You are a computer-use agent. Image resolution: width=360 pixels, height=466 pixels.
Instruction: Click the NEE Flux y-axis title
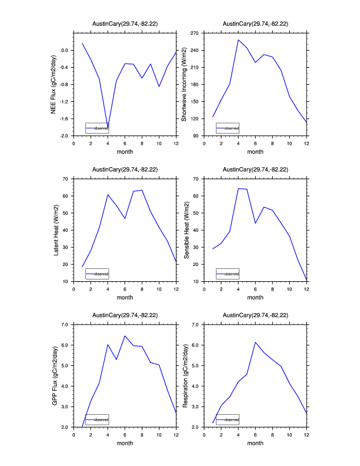pos(54,84)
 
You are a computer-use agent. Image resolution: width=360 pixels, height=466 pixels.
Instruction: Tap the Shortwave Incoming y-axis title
pos(184,84)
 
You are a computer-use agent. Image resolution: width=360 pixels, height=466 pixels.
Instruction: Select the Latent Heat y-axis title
pos(56,230)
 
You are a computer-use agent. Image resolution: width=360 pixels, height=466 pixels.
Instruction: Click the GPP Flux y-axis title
pos(54,375)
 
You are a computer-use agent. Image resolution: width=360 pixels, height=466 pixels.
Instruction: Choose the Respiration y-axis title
pos(184,375)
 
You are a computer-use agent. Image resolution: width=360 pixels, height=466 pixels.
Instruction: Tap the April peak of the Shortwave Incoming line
pos(238,40)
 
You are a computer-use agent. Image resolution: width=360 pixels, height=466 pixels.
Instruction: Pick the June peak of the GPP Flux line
pos(125,335)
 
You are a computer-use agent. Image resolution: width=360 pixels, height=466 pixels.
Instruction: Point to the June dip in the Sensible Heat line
pos(255,223)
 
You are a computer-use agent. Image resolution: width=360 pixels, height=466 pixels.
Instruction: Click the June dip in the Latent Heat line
pos(125,218)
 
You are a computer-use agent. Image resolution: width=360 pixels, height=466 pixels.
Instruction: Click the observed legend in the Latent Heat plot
pos(97,274)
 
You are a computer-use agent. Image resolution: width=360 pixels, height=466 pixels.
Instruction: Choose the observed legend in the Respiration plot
pos(228,420)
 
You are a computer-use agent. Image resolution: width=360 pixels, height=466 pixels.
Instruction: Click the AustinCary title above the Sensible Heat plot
pos(255,169)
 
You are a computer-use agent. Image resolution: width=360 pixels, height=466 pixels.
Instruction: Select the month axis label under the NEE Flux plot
pos(125,152)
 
